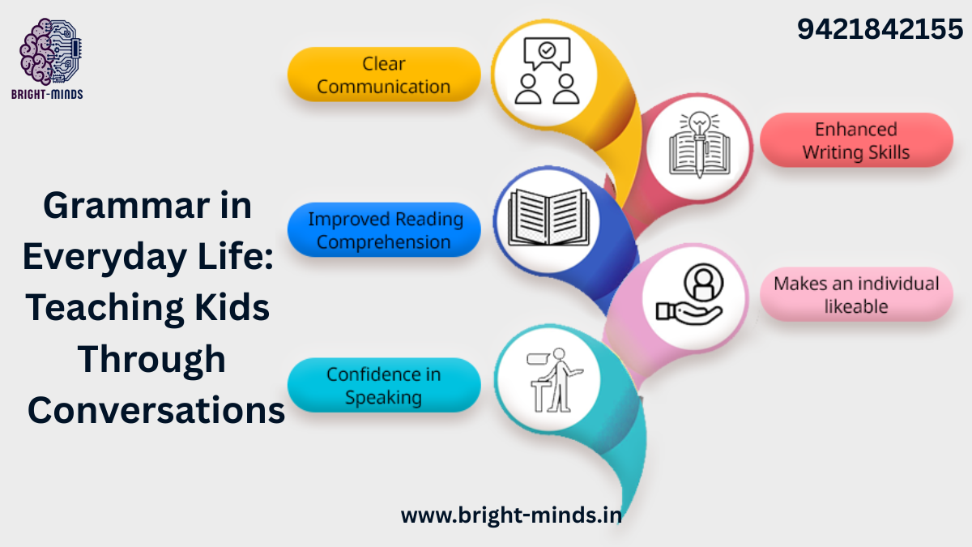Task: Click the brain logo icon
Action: [x=51, y=51]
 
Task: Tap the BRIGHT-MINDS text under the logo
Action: [x=47, y=94]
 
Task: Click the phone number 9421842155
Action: [x=880, y=29]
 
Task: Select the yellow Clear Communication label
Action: [x=384, y=75]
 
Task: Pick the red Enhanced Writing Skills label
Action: [x=856, y=140]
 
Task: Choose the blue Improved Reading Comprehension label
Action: [x=384, y=230]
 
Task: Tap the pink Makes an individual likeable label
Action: [x=856, y=294]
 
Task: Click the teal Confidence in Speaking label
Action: [x=384, y=385]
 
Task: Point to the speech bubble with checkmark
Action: [x=547, y=53]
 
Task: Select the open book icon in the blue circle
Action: [x=548, y=217]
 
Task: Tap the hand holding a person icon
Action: [x=689, y=295]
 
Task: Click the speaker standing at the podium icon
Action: [x=554, y=380]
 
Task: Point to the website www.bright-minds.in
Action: [x=511, y=515]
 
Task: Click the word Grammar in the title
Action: [x=126, y=206]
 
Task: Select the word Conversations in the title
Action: [x=156, y=410]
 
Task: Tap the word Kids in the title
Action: [x=232, y=307]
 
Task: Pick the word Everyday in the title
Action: [x=105, y=258]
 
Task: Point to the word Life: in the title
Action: [x=236, y=256]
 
